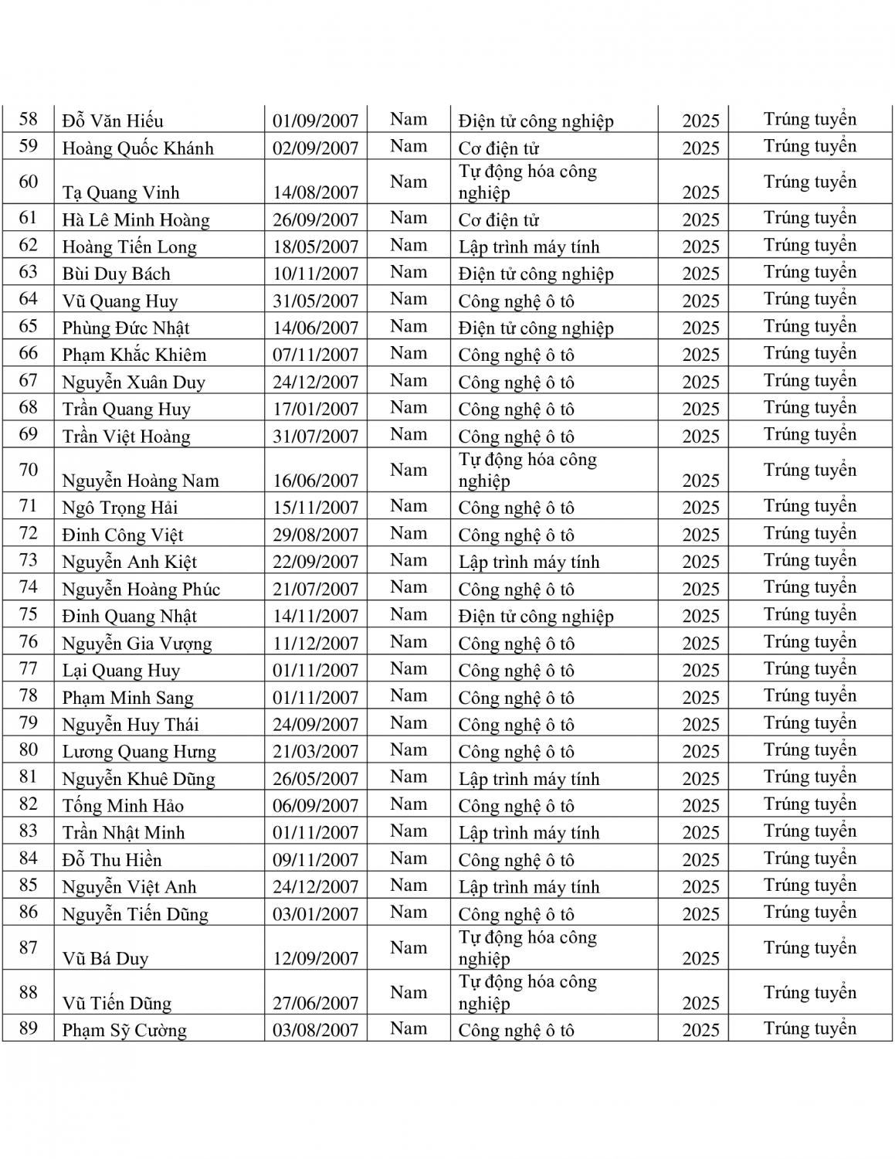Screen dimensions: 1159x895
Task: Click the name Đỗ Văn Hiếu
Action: click(x=113, y=121)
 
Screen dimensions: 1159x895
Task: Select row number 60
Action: click(x=29, y=182)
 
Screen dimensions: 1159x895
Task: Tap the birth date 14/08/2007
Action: click(x=315, y=192)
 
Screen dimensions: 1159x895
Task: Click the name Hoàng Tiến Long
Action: click(x=129, y=247)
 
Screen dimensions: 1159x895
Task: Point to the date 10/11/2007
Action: click(x=315, y=274)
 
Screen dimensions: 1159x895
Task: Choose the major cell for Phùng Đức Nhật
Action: click(x=536, y=328)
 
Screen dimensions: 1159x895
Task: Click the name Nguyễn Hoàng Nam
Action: click(x=141, y=481)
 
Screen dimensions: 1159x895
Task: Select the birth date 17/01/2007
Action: click(x=315, y=410)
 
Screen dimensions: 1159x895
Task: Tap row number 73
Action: click(x=29, y=561)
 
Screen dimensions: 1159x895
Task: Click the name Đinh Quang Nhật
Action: click(x=129, y=617)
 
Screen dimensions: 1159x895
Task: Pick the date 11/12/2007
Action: click(x=315, y=644)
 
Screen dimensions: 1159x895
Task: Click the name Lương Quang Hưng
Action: click(x=139, y=752)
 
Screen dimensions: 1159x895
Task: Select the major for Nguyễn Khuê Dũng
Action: click(x=529, y=779)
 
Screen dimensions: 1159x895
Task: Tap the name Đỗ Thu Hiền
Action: click(x=112, y=860)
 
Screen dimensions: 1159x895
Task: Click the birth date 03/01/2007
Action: click(x=315, y=914)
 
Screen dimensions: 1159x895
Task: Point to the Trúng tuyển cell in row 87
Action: click(x=809, y=948)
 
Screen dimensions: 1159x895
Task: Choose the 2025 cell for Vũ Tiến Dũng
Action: click(x=700, y=1003)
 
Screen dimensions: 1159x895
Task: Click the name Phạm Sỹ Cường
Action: click(x=124, y=1031)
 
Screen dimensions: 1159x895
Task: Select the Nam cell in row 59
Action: click(x=409, y=147)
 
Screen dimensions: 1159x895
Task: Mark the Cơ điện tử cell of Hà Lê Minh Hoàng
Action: click(x=498, y=220)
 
